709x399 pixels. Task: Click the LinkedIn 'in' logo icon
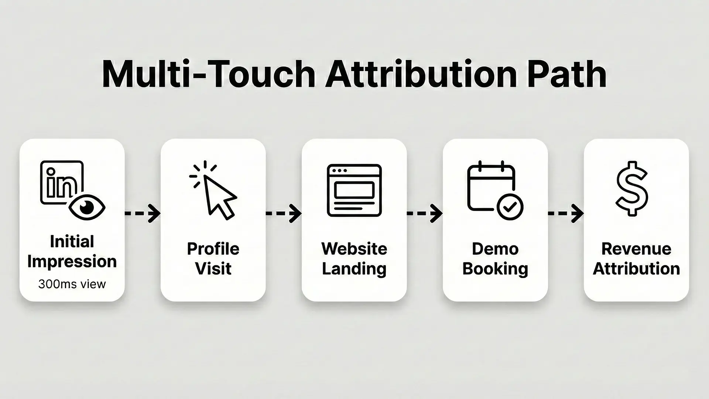pyautogui.click(x=61, y=183)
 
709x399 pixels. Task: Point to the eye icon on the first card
pyautogui.click(x=87, y=207)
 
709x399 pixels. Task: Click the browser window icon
pyautogui.click(x=354, y=190)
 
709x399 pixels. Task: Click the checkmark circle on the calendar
pyautogui.click(x=510, y=207)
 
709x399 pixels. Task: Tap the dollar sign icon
pyautogui.click(x=632, y=188)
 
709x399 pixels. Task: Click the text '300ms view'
pyautogui.click(x=72, y=284)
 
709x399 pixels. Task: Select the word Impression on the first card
pyautogui.click(x=72, y=261)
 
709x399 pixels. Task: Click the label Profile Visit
pyautogui.click(x=213, y=259)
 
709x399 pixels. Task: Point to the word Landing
pyautogui.click(x=354, y=269)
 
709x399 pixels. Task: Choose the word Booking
pyautogui.click(x=495, y=269)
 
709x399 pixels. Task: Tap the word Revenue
pyautogui.click(x=636, y=249)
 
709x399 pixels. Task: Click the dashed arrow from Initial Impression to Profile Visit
pyautogui.click(x=143, y=213)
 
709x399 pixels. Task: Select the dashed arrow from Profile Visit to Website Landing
pyautogui.click(x=284, y=213)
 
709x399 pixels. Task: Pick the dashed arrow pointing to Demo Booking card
pyautogui.click(x=425, y=213)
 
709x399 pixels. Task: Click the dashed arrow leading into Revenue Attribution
pyautogui.click(x=566, y=213)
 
